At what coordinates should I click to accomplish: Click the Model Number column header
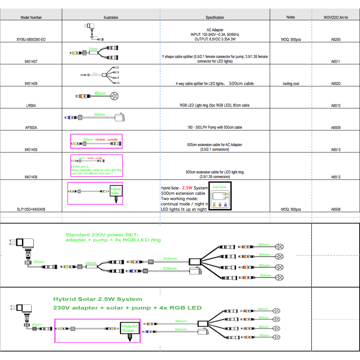tap(31, 17)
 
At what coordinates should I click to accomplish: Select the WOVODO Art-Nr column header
tap(335, 17)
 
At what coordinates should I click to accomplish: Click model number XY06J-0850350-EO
tap(31, 39)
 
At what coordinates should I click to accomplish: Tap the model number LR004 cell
tap(31, 106)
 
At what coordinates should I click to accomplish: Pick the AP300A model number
tap(31, 127)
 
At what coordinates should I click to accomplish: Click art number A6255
tap(335, 39)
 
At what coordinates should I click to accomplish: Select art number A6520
tap(335, 84)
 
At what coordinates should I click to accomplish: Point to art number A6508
tap(335, 209)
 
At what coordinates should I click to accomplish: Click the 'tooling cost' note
tap(291, 84)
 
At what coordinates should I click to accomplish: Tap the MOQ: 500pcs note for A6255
tap(291, 39)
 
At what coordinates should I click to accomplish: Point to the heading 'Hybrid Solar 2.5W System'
tap(97, 299)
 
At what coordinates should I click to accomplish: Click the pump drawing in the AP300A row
tap(120, 118)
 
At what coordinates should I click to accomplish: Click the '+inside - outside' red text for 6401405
tap(106, 139)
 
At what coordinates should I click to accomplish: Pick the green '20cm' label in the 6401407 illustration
tap(93, 49)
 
